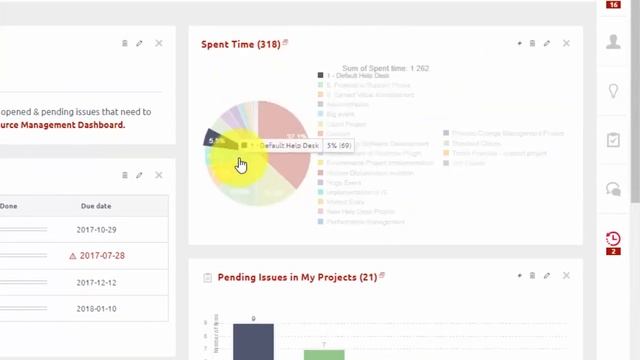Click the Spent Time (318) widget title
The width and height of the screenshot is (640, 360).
[240, 44]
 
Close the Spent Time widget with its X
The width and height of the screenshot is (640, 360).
[566, 44]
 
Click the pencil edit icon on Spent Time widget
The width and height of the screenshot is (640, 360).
[546, 44]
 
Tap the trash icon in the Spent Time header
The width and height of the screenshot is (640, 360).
[532, 44]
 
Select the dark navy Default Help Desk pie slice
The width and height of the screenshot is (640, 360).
[217, 139]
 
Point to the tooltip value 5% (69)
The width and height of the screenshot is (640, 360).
[336, 146]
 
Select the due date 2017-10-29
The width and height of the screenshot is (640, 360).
[96, 230]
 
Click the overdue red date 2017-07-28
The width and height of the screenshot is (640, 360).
[101, 256]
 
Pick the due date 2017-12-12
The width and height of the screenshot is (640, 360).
[96, 282]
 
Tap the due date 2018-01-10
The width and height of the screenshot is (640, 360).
[96, 308]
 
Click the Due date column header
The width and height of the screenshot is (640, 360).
[96, 206]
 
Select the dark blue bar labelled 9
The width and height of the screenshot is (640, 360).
[253, 341]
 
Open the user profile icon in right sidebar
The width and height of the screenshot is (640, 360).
[613, 42]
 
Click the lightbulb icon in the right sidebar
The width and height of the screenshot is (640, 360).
[613, 91]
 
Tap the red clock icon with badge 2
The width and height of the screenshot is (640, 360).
[613, 239]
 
